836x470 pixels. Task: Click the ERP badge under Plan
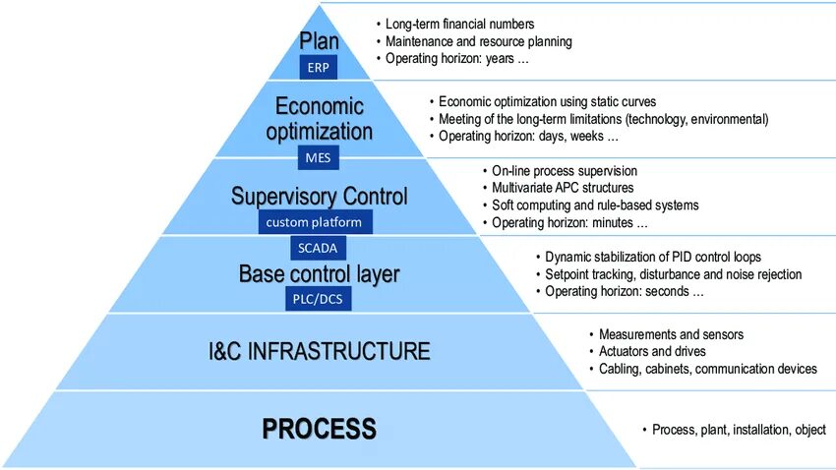320,68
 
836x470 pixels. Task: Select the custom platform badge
314,222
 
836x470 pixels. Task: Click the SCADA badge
317,249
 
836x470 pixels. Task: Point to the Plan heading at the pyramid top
320,42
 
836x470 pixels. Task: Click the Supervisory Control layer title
320,197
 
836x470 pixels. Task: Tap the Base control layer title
320,274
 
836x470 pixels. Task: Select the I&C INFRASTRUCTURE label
321,351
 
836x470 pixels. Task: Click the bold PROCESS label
320,429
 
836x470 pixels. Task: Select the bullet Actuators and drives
652,351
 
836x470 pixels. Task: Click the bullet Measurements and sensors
671,334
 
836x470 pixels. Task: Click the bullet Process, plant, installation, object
739,430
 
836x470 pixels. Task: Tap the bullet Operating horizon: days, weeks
527,137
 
